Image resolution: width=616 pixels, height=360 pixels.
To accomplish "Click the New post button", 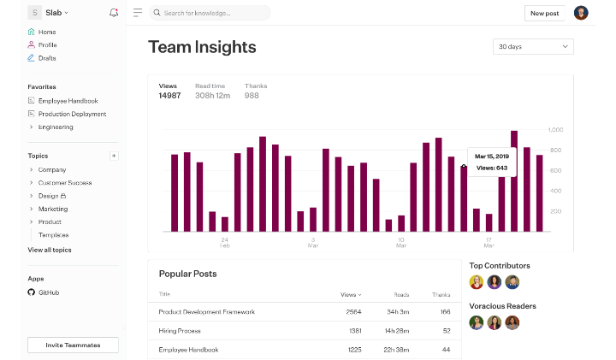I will [544, 13].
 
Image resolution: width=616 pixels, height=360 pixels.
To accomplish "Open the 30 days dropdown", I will [532, 46].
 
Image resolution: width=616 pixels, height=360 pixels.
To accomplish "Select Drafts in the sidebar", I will [47, 58].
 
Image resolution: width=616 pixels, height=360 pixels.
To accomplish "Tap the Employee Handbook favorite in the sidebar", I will [68, 101].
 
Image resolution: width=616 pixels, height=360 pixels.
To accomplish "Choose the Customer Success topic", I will [65, 183].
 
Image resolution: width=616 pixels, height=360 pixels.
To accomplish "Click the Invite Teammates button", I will [73, 345].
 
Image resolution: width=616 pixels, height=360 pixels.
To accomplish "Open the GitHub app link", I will [48, 292].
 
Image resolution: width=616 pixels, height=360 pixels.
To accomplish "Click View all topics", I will [50, 250].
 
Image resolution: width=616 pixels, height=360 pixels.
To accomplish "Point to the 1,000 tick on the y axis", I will [555, 130].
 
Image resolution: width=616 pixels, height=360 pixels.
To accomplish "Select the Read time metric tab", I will [210, 86].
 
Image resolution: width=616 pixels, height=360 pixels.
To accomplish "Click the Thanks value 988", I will [252, 96].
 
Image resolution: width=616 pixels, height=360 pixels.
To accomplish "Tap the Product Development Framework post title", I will [206, 312].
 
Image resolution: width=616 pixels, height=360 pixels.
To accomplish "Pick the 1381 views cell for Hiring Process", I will [356, 331].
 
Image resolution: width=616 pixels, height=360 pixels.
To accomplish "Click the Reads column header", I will [401, 294].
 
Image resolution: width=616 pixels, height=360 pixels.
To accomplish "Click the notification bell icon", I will [115, 13].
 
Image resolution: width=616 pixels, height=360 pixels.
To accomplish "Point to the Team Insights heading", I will [202, 47].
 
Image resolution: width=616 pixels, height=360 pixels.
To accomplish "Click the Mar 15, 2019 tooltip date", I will [492, 156].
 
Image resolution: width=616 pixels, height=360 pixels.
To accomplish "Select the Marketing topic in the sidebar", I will [53, 209].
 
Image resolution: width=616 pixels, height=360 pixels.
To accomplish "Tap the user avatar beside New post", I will [581, 13].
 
